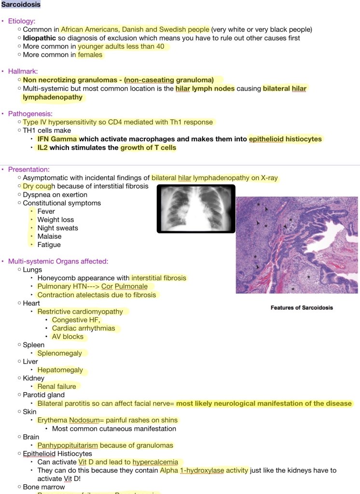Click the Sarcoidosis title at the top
coord(20,5)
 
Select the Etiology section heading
coord(22,21)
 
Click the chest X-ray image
coord(196,209)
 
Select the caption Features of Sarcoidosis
coord(302,307)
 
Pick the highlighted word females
coord(90,55)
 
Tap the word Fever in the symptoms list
coord(46,211)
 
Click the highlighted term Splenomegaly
coord(59,353)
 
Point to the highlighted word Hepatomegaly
coord(60,370)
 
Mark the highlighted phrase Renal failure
coord(56,386)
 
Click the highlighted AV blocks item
coord(68,337)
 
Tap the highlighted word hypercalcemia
coord(155,462)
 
